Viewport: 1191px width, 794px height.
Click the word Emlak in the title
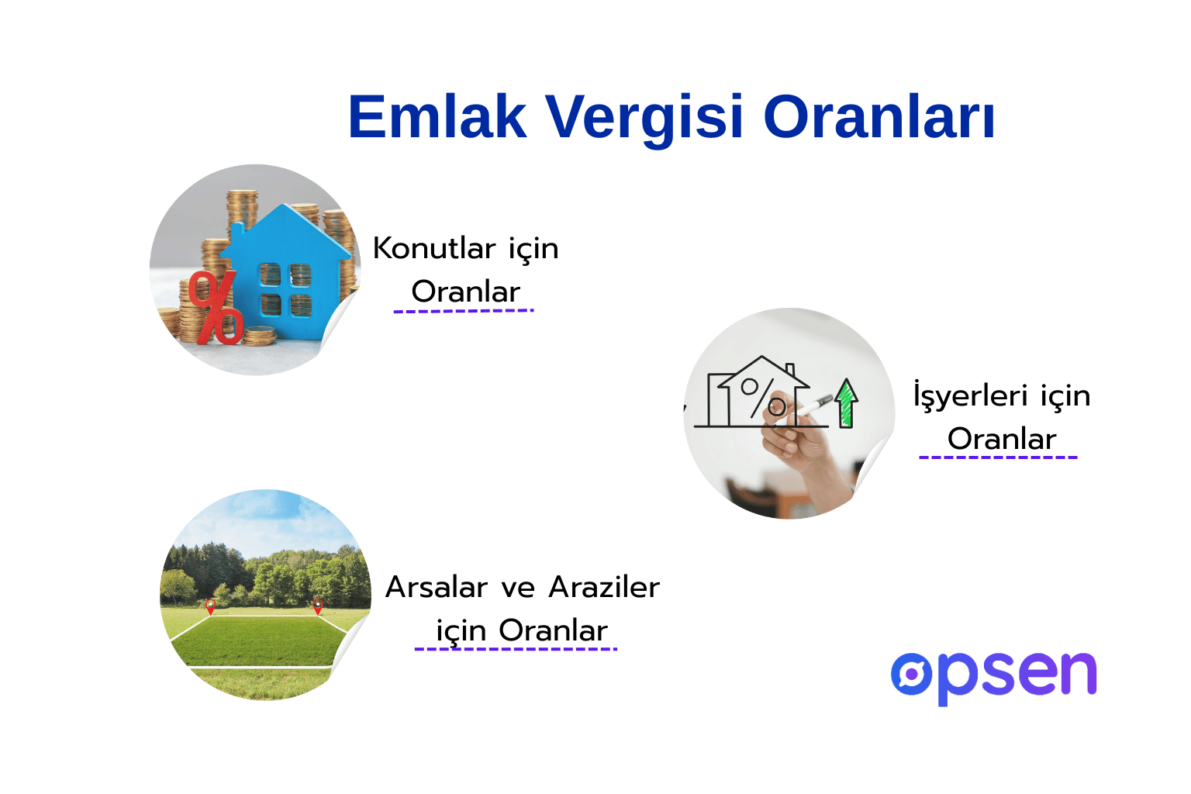437,117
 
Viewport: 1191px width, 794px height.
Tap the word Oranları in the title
879,117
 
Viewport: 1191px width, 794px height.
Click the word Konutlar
433,249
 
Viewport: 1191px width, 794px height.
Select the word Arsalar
437,588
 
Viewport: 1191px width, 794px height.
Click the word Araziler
603,588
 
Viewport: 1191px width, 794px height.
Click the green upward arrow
846,402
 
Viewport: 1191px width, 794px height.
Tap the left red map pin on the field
210,606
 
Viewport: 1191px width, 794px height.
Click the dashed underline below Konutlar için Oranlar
464,311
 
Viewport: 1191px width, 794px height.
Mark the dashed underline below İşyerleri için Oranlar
998,457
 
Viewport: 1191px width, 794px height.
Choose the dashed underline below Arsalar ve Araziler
516,649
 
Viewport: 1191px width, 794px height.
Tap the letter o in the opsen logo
913,674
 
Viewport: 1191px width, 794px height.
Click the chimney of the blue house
236,231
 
